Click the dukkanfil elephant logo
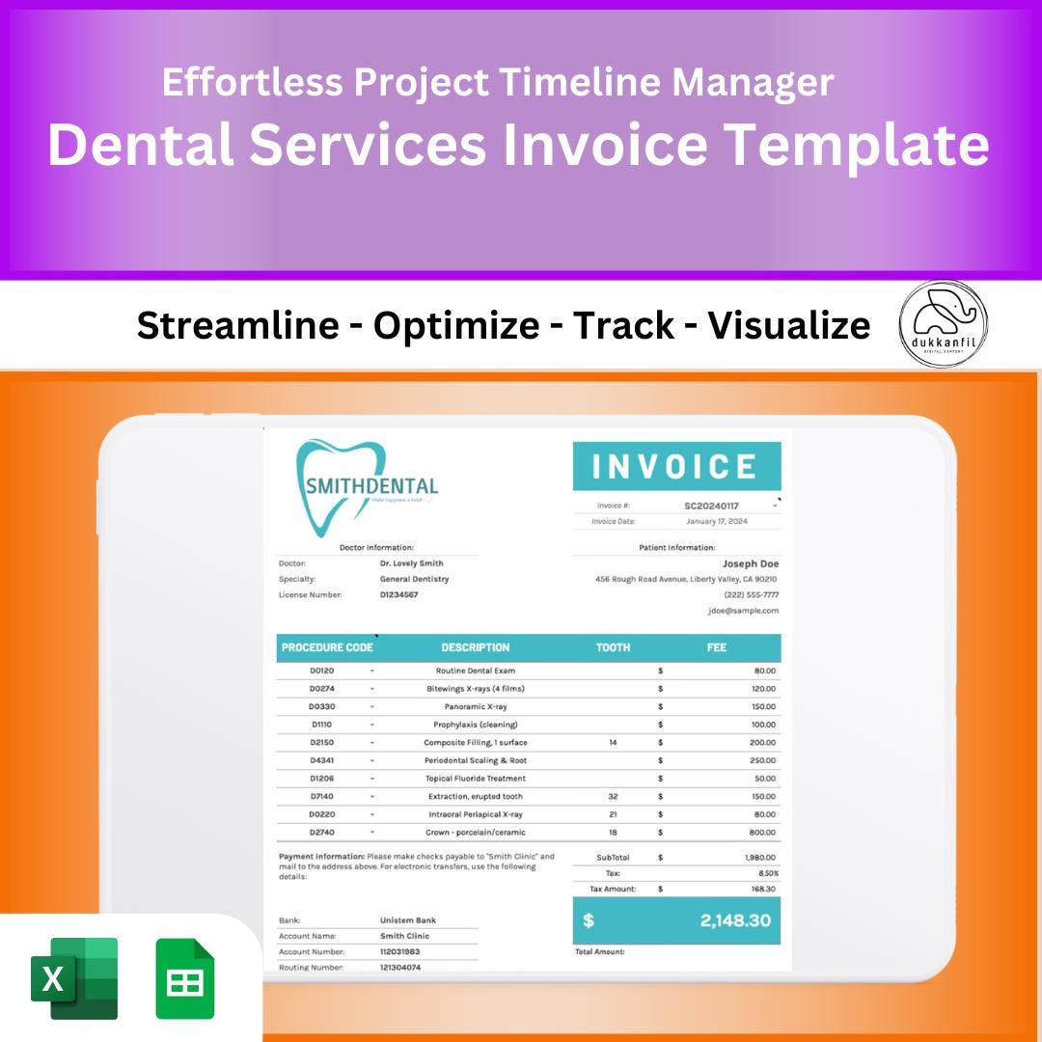coord(943,324)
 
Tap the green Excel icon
coord(74,977)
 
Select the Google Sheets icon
coord(185,977)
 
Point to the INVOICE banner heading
coord(675,467)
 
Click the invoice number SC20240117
coord(711,506)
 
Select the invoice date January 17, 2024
coord(716,521)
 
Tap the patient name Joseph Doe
coord(750,563)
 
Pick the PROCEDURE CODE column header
coord(327,647)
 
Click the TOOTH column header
coord(613,647)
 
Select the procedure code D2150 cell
coord(322,743)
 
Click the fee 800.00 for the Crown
coord(762,832)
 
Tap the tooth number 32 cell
coord(613,797)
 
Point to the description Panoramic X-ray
coord(476,707)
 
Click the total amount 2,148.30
coord(735,920)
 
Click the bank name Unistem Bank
coord(408,920)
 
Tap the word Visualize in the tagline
coord(789,326)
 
